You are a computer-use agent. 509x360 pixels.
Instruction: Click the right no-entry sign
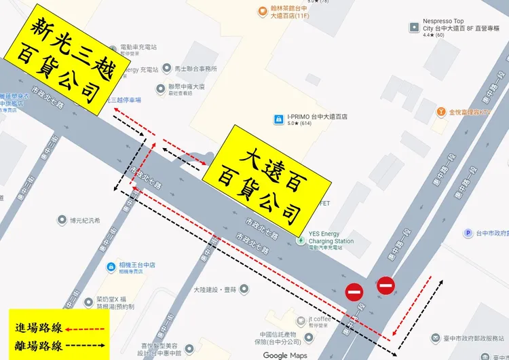pyautogui.click(x=385, y=285)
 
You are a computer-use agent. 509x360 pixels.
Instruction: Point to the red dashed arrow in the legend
pyautogui.click(x=86, y=327)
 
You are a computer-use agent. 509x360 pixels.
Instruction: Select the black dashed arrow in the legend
pyautogui.click(x=86, y=344)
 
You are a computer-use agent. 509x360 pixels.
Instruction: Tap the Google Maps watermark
pyautogui.click(x=285, y=355)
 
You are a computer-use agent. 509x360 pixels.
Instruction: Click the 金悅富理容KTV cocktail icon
pyautogui.click(x=441, y=111)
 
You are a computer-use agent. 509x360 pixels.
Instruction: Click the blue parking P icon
pyautogui.click(x=468, y=233)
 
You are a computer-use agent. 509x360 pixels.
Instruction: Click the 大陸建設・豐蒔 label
pyautogui.click(x=214, y=289)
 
